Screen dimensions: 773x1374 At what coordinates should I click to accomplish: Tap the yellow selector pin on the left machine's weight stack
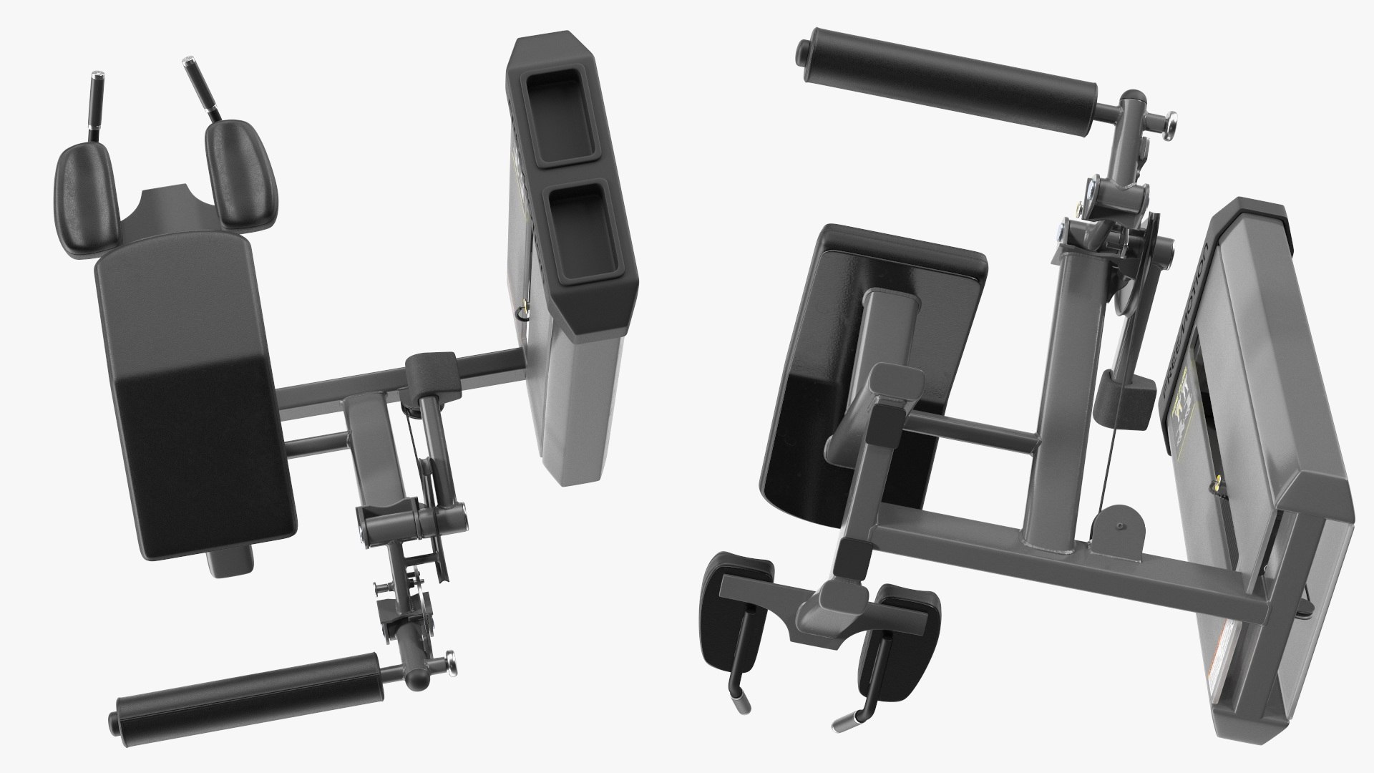pyautogui.click(x=521, y=312)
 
